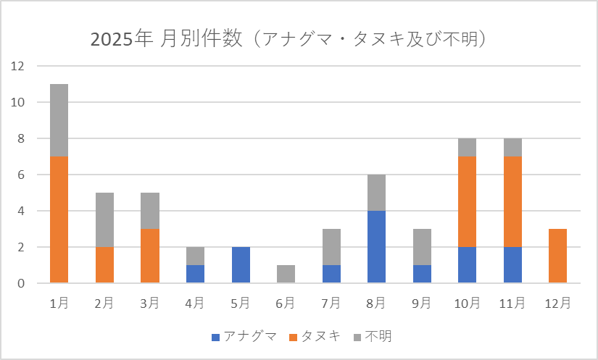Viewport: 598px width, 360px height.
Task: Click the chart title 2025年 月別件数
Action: coord(288,38)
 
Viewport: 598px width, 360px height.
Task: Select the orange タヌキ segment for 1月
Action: coord(59,219)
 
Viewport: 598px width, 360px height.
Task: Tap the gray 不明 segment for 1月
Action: coord(59,120)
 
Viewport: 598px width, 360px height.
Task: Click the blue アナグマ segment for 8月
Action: coord(376,247)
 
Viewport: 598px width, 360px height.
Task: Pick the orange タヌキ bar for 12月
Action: coord(558,256)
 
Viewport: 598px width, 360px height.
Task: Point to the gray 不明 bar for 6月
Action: coord(286,274)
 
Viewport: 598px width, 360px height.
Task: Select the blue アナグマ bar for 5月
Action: coord(241,265)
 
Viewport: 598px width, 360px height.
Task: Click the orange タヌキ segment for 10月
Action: coord(468,201)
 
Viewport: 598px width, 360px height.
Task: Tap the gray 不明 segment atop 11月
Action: coord(512,147)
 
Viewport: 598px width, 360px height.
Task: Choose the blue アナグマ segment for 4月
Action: coord(195,274)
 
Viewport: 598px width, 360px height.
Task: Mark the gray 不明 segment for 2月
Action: coord(104,219)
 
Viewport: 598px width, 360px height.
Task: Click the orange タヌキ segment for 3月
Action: coord(150,256)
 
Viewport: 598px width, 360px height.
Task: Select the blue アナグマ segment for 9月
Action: coord(422,274)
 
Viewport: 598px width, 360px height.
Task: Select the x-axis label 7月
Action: coord(331,304)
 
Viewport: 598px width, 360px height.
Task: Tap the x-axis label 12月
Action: coord(558,304)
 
